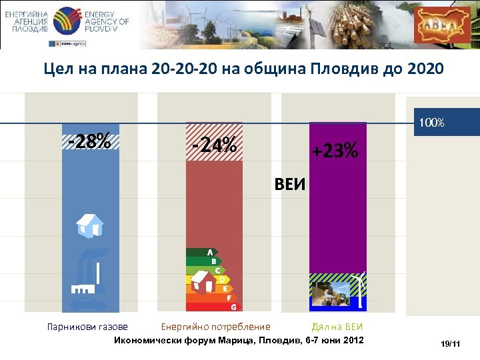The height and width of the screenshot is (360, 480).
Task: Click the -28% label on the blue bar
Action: [89, 141]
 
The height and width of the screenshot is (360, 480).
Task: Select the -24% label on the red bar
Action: [214, 144]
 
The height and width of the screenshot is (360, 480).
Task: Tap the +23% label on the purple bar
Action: [336, 151]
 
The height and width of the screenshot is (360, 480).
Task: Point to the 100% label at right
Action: [431, 123]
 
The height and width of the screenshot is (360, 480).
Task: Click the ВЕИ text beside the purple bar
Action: [290, 184]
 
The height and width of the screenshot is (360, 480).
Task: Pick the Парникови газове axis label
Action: [87, 327]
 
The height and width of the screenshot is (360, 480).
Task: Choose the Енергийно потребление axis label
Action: [216, 327]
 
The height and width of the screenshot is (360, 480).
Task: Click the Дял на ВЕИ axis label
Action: [337, 327]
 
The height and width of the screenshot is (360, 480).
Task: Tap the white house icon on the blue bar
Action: [89, 225]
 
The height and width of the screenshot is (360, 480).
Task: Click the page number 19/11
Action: [451, 343]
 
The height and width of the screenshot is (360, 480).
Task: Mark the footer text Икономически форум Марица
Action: [177, 340]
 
